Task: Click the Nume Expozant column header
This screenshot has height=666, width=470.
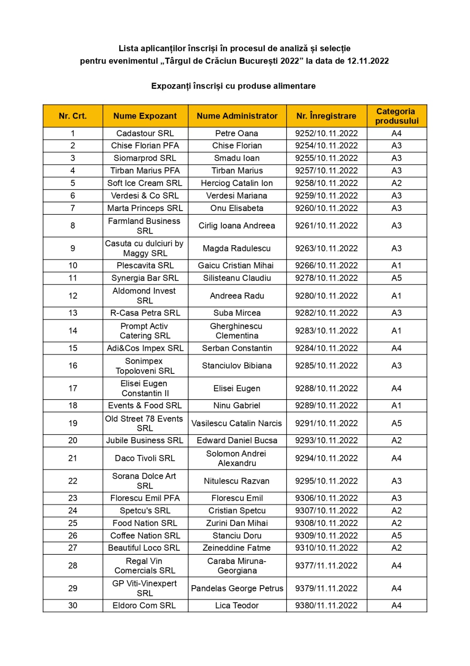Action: pos(145,116)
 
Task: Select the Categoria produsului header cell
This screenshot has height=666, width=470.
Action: pos(396,116)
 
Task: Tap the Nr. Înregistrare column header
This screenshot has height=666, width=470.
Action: pos(326,116)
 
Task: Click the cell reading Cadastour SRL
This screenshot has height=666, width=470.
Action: pos(145,134)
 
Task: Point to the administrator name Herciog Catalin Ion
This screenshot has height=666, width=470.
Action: pos(237,183)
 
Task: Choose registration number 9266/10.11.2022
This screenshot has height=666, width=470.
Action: pos(326,266)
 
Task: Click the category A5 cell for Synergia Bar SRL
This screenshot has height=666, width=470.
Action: pos(396,278)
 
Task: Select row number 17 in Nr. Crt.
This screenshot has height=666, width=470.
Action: pos(73,388)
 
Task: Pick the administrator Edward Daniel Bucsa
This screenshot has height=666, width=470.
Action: pos(237,440)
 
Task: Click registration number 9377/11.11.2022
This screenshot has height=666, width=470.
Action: pos(326,566)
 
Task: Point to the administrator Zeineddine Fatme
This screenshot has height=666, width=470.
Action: pos(237,548)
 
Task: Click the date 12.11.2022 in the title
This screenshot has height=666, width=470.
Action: pos(368,61)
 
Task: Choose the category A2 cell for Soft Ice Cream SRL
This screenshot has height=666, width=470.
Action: pos(396,183)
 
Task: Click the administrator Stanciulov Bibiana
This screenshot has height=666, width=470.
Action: pos(237,366)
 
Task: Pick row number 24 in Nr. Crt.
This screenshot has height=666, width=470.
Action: pos(73,511)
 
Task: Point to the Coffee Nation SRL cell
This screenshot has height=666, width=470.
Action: pos(145,536)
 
